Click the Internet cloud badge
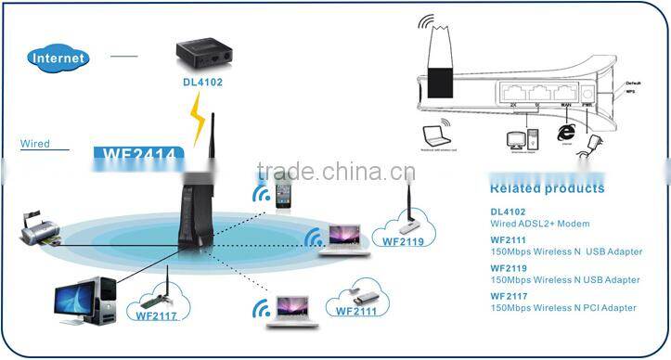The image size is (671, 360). (59, 58)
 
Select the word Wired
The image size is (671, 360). (34, 145)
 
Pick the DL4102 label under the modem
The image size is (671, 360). (201, 83)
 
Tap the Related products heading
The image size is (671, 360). (546, 188)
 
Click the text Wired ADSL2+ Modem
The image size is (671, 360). (539, 224)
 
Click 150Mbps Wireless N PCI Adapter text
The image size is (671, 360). (563, 307)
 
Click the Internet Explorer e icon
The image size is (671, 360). (564, 135)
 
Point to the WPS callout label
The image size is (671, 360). (632, 94)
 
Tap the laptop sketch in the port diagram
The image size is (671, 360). (434, 135)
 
